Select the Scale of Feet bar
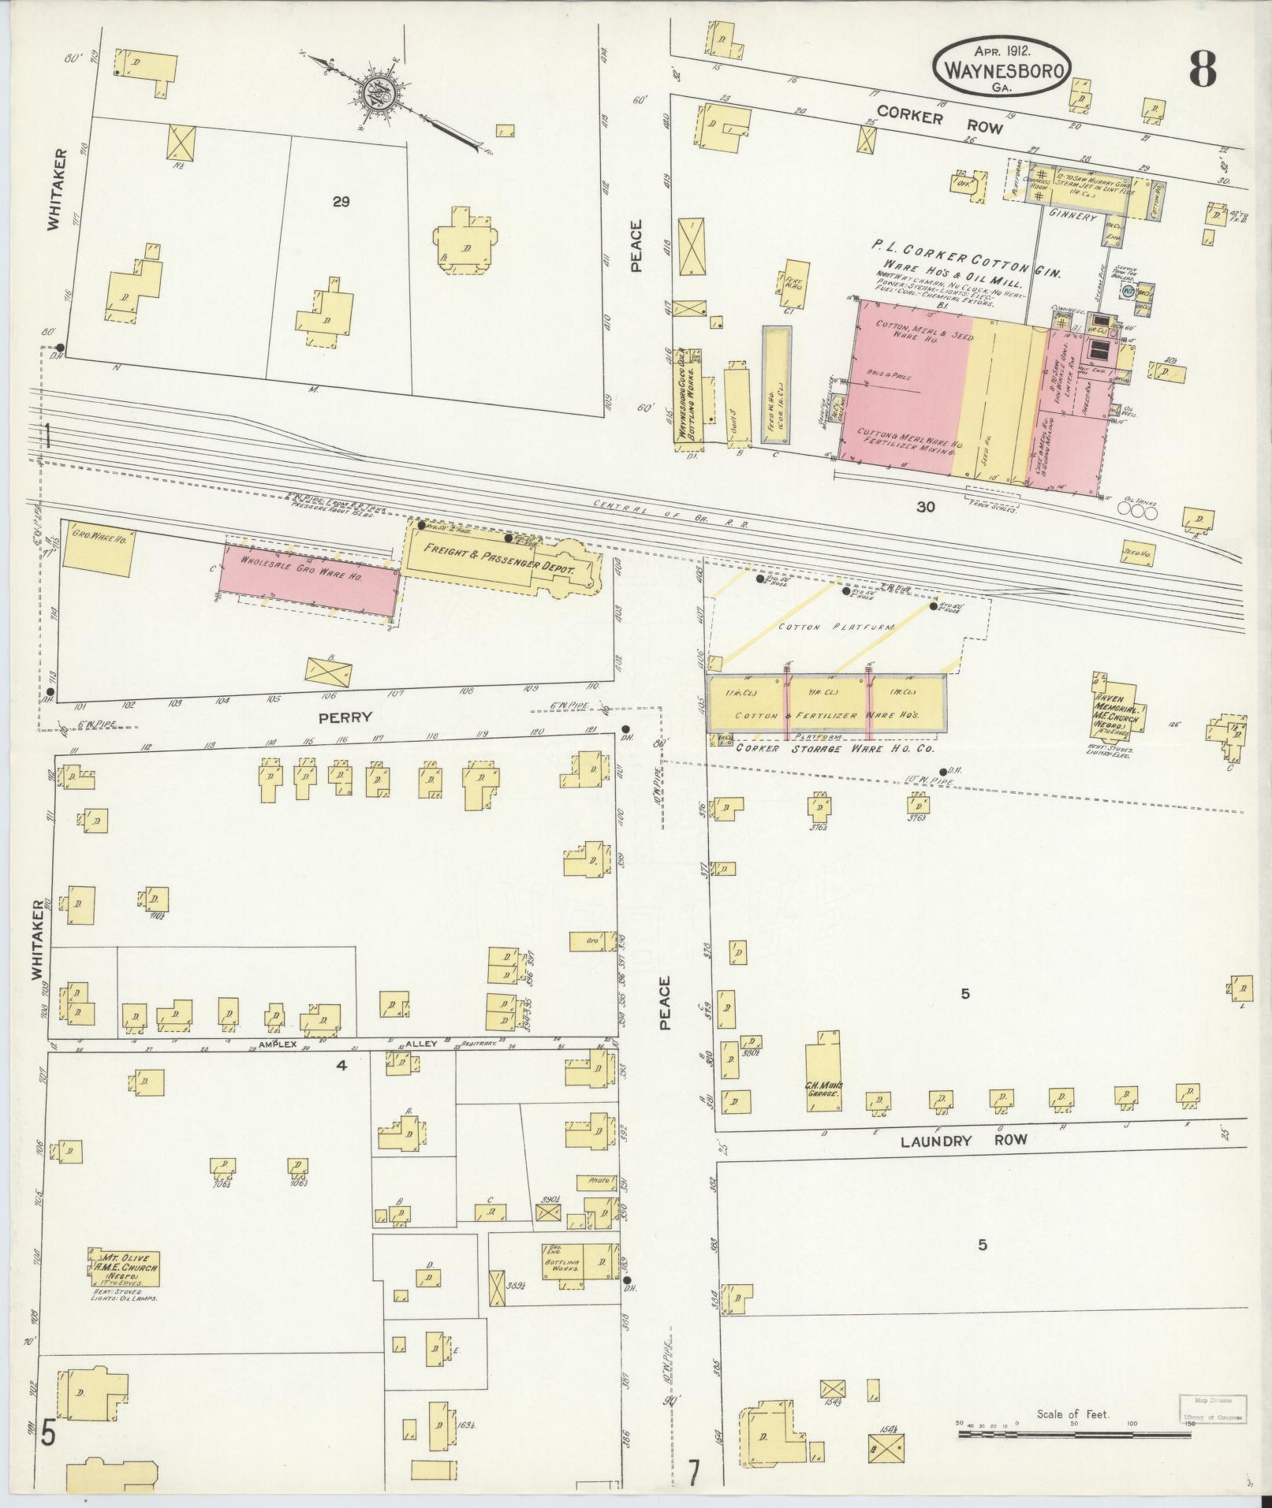coord(1079,1432)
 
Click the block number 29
coord(341,202)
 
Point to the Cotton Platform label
coord(836,627)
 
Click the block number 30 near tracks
coord(925,507)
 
